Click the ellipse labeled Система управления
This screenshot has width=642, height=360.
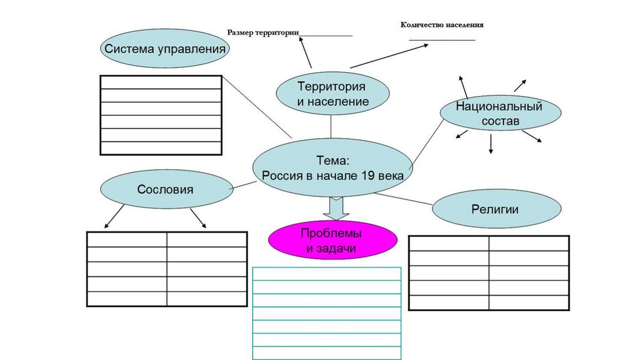point(165,48)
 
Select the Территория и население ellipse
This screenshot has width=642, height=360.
point(332,93)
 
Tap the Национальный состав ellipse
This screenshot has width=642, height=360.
point(500,114)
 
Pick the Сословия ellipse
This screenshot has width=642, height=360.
point(166,189)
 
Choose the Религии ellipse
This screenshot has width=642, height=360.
point(495,209)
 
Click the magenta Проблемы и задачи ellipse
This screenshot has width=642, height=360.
point(332,240)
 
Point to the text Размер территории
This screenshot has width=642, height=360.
point(263,32)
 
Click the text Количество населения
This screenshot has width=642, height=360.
point(442,24)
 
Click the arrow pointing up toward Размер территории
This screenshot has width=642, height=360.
point(305,51)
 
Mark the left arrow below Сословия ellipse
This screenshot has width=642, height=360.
point(114,216)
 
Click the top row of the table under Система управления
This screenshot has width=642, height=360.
point(161,82)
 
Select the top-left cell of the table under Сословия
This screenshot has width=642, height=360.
point(127,240)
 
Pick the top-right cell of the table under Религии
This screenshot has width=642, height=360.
point(529,243)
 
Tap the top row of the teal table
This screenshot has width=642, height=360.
point(326,273)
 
